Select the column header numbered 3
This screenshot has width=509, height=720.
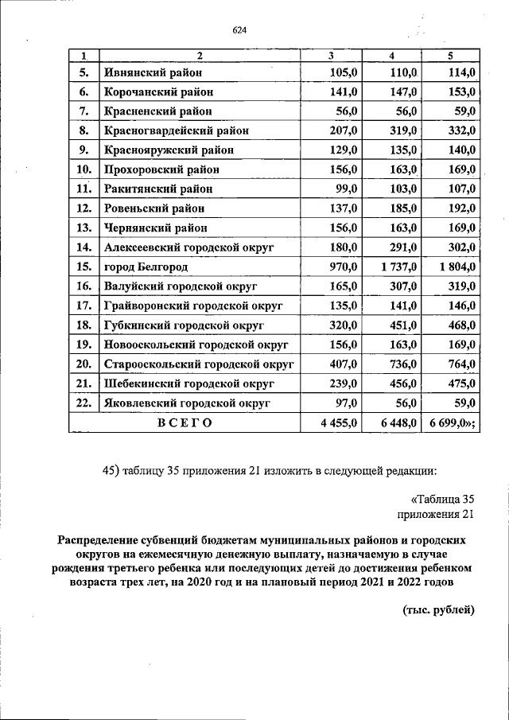pos(331,55)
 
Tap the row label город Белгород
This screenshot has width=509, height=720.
pos(147,266)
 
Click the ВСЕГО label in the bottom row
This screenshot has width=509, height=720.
pos(184,422)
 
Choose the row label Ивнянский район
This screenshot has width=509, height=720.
pos(153,73)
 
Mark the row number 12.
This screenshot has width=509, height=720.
pos(84,208)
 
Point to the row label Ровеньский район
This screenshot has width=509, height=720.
pos(154,208)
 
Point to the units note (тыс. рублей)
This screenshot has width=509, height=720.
pos(434,610)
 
